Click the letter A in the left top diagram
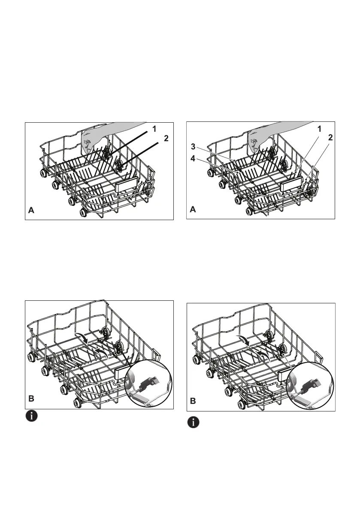[x=31, y=211]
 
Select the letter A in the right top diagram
[x=194, y=211]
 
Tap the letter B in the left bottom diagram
[x=31, y=399]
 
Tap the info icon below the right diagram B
[x=194, y=422]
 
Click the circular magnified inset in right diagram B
[x=310, y=382]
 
